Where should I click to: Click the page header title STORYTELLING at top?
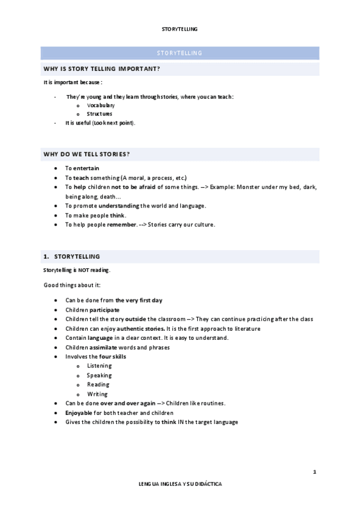tap(180, 28)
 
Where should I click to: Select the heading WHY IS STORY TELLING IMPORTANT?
tap(100, 69)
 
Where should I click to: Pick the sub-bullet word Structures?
tap(99, 114)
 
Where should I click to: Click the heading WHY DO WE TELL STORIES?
tap(87, 155)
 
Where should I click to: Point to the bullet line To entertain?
tap(82, 168)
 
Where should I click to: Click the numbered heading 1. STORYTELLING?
tap(72, 256)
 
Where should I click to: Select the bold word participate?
tap(105, 310)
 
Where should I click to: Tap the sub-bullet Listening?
tap(99, 366)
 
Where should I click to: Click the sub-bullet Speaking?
tap(99, 375)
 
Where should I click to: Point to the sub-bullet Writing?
tap(97, 394)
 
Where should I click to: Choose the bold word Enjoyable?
tap(79, 413)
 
